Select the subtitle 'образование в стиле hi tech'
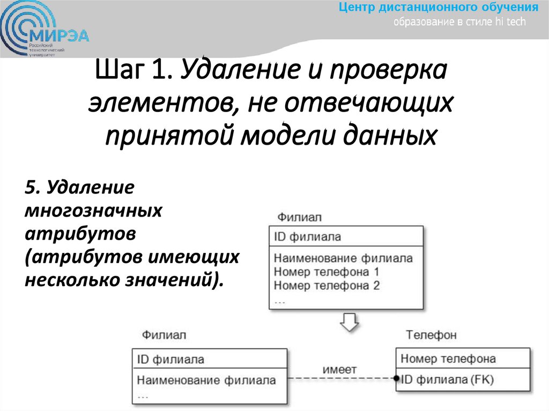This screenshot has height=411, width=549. tap(460, 22)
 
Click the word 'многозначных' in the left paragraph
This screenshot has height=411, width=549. tap(93, 211)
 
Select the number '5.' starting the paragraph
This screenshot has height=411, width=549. tap(33, 188)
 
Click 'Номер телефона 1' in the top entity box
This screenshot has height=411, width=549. tap(327, 272)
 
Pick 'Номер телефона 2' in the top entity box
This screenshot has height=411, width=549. tap(327, 286)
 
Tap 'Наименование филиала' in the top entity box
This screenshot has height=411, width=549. tap(343, 258)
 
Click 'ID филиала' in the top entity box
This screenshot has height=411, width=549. tap(307, 236)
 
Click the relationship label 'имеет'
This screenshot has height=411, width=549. tap(339, 369)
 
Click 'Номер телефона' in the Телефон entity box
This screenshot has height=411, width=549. tap(448, 358)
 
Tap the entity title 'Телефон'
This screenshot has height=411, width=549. tap(431, 335)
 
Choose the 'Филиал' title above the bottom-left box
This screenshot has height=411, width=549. tap(164, 335)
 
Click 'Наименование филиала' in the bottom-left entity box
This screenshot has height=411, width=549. tap(206, 380)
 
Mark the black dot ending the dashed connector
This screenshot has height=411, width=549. tap(397, 377)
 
